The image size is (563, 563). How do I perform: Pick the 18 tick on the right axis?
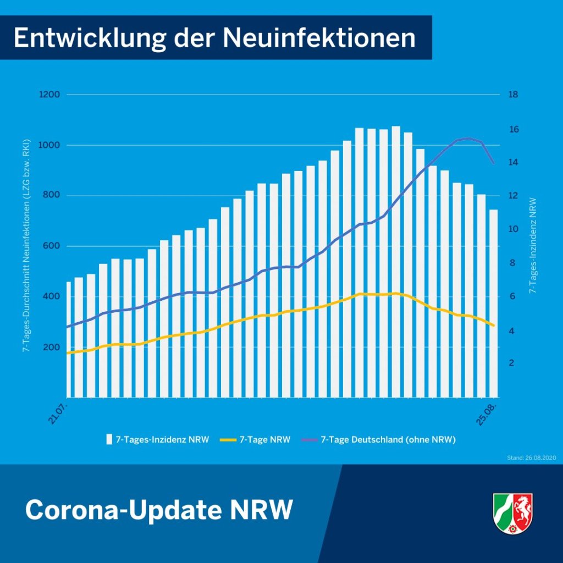[x=514, y=95]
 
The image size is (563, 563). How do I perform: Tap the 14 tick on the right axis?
[x=514, y=163]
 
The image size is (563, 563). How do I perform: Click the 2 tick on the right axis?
[x=512, y=363]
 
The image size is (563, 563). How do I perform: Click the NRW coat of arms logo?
[x=512, y=514]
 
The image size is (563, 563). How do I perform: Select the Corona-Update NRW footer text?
[x=158, y=510]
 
